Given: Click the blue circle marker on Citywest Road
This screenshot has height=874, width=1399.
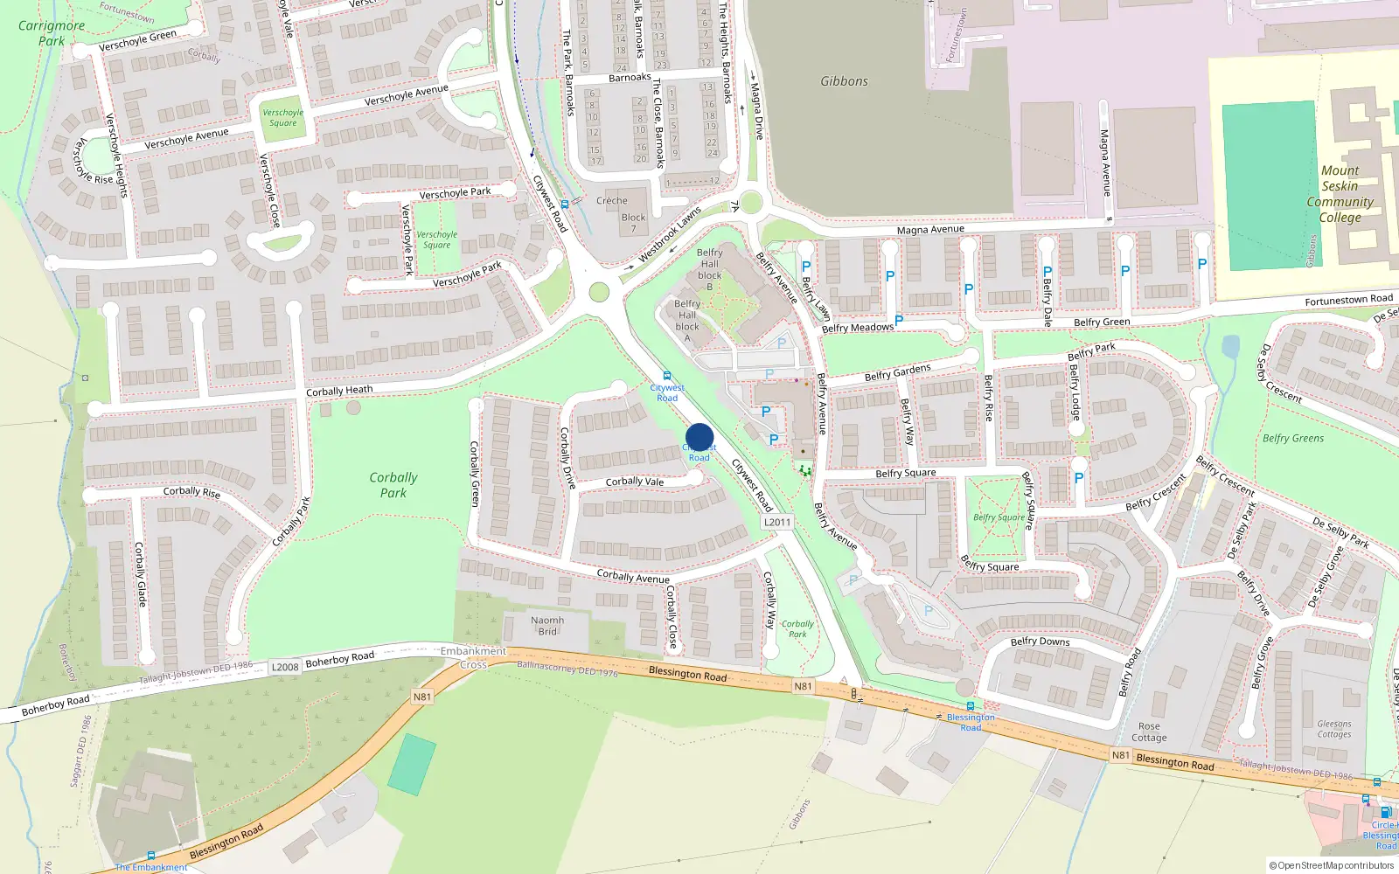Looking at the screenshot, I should [699, 437].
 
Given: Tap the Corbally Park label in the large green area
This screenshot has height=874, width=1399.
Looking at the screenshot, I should [393, 485].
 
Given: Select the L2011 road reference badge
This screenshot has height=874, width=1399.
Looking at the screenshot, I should [776, 522].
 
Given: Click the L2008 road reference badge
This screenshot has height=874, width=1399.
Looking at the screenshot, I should [285, 667].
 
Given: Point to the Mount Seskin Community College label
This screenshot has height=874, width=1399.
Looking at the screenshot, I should [1340, 194].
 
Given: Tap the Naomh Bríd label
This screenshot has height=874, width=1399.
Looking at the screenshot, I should [547, 626].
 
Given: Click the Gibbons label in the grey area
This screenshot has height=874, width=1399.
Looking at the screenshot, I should [844, 81].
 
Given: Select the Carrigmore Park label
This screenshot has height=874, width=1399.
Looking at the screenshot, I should [52, 33].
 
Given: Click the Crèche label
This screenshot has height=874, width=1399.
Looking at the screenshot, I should [612, 200].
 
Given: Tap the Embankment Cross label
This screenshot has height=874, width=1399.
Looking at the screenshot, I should [473, 657].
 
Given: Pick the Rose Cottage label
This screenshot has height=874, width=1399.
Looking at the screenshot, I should [1149, 732].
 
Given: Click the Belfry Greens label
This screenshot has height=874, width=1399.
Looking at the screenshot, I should [1292, 439].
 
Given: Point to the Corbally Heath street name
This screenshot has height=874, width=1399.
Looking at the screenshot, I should [339, 391].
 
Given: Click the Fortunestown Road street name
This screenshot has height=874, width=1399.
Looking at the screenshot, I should [1348, 300].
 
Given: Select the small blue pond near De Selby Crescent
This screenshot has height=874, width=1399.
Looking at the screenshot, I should [1230, 347].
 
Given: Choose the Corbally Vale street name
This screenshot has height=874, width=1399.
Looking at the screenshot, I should [635, 482].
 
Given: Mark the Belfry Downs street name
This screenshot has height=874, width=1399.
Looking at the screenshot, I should [1040, 642].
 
